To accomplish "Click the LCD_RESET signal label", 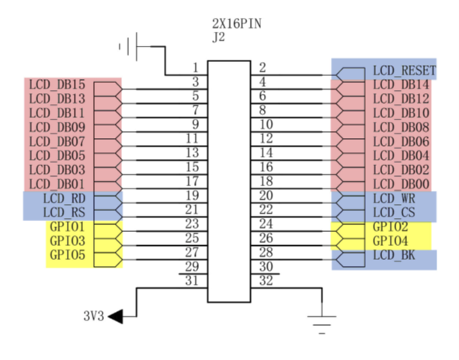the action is [x=405, y=71].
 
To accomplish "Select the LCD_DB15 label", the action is [x=57, y=85].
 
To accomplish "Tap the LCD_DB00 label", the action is [x=401, y=184].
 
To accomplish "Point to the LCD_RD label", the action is [x=64, y=199].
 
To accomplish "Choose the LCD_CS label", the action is [x=394, y=213].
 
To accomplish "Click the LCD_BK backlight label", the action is [x=394, y=255].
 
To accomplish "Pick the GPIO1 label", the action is [x=68, y=227].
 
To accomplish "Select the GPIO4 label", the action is [x=390, y=241].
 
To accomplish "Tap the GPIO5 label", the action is [x=68, y=254].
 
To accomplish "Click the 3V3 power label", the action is [x=94, y=316].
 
